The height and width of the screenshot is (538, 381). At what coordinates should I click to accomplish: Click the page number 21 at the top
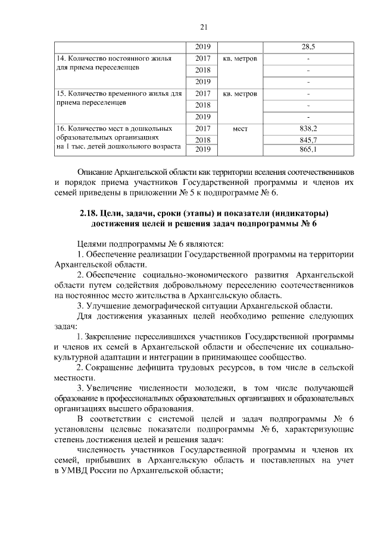click(203, 27)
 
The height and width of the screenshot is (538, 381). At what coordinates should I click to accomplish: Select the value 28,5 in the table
click(308, 46)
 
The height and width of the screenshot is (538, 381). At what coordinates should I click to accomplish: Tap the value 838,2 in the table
click(308, 128)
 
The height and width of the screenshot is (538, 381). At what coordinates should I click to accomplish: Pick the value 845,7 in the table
click(308, 139)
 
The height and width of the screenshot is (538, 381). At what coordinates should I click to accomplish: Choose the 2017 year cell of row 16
click(203, 128)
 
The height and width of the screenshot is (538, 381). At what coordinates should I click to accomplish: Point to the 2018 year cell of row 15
click(203, 105)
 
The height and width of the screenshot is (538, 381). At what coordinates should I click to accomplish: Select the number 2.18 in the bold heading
click(90, 213)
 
